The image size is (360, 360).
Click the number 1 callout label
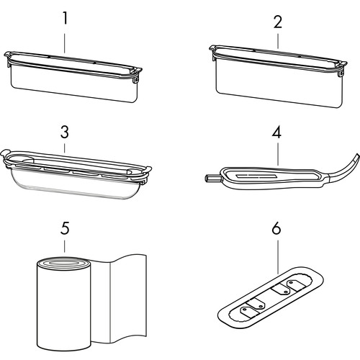(65, 18)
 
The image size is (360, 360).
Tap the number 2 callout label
(278, 22)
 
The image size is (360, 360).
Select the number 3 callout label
(65, 132)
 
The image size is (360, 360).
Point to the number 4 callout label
(276, 132)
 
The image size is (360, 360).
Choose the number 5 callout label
(65, 228)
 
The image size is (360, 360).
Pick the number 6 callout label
(276, 228)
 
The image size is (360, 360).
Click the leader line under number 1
(65, 43)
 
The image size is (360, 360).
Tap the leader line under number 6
(278, 257)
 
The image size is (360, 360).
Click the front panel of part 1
(74, 84)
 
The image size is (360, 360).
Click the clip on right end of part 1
(136, 75)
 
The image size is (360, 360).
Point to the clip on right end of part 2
(342, 70)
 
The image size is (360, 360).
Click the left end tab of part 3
(5, 153)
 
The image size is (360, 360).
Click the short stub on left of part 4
(212, 178)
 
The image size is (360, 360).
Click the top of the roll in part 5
(64, 264)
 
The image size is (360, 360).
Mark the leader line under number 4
(278, 154)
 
